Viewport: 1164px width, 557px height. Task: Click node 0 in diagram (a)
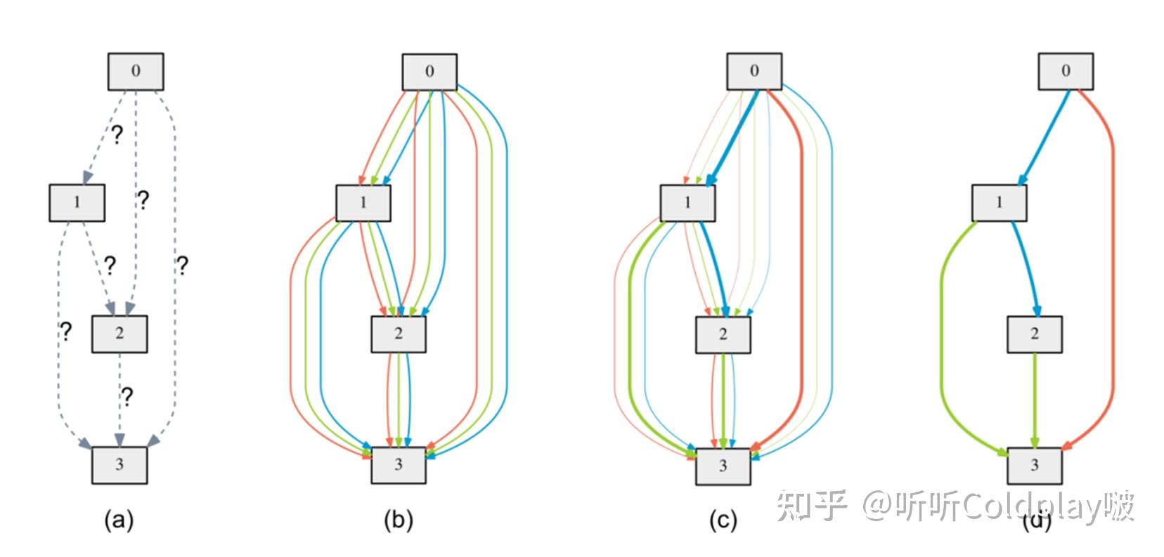point(136,71)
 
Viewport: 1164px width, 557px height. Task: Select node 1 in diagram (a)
point(77,202)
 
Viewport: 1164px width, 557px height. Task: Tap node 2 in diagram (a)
point(119,333)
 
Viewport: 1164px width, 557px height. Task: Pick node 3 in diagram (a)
point(119,464)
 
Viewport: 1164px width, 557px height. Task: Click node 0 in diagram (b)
point(429,72)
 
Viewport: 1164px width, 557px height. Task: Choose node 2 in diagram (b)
point(398,334)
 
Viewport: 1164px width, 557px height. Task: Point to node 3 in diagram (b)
point(398,465)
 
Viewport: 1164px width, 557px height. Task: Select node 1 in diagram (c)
point(687,202)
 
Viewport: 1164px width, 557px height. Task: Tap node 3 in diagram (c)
point(723,466)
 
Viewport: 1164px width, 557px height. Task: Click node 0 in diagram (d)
point(1065,71)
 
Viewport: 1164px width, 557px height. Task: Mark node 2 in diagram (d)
point(1033,334)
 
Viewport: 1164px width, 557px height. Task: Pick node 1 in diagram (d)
point(999,202)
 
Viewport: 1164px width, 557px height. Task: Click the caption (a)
point(118,520)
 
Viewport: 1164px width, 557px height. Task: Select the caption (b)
point(398,520)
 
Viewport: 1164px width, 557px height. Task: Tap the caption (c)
point(723,520)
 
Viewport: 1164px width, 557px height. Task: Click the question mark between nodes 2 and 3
point(127,397)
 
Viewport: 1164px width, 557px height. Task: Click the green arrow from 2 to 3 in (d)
point(1034,400)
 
